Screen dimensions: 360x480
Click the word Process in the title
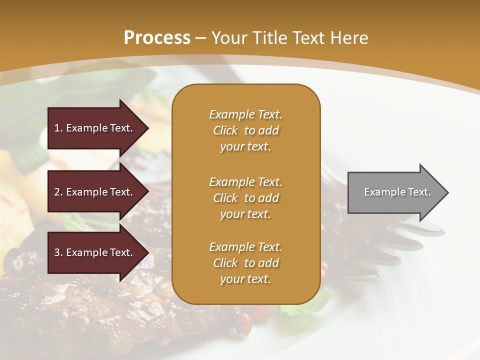(x=157, y=38)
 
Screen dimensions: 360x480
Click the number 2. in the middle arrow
(x=58, y=192)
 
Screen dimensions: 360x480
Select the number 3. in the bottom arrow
(x=58, y=252)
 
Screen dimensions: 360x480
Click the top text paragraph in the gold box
(x=245, y=130)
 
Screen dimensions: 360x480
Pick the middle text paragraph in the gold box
(x=245, y=198)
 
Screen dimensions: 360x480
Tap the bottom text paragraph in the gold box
(x=245, y=263)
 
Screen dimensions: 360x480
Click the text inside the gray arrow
(x=397, y=192)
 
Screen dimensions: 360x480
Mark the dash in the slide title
(x=200, y=38)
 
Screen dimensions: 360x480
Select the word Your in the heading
(x=229, y=38)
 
